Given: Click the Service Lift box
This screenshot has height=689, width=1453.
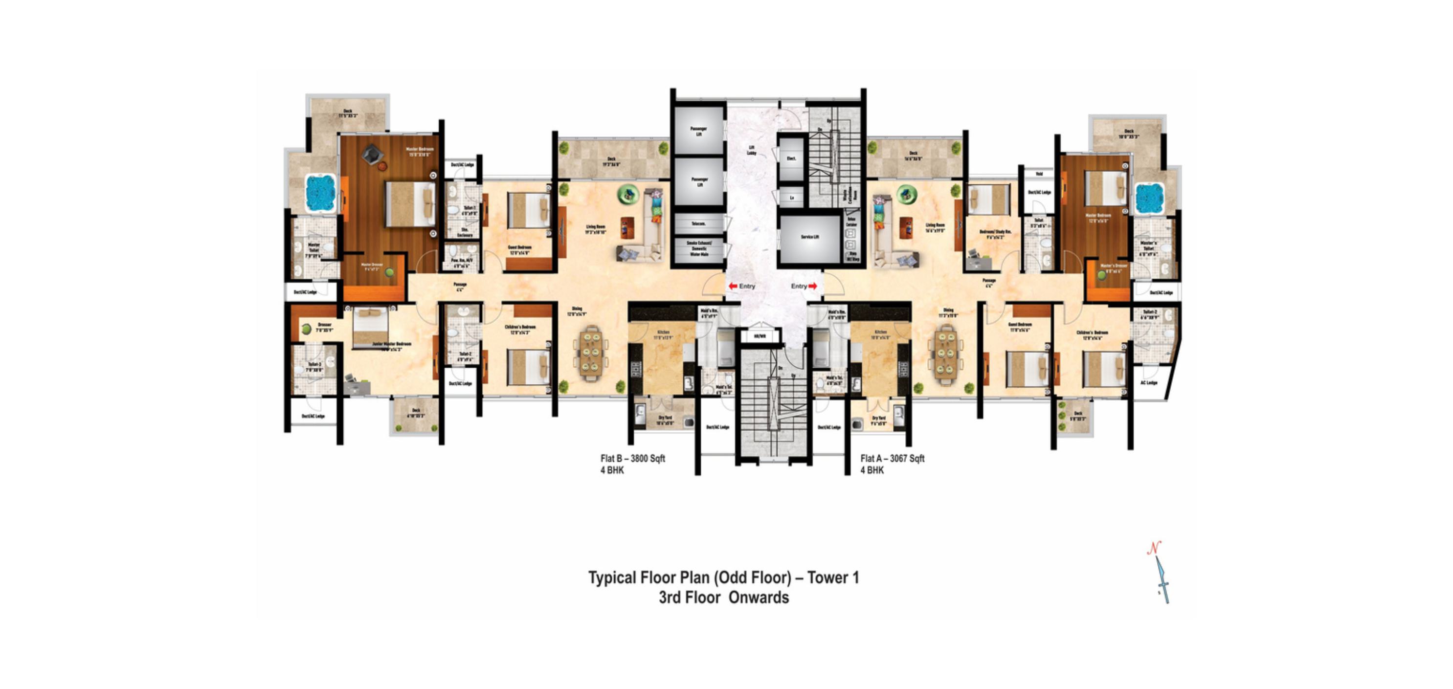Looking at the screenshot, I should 809,237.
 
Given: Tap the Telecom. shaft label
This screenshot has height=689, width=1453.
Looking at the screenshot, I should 698,224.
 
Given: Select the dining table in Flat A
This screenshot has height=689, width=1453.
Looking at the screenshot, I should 946,354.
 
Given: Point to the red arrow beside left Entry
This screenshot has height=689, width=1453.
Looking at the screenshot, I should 733,286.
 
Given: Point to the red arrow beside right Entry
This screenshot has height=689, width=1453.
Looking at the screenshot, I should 813,286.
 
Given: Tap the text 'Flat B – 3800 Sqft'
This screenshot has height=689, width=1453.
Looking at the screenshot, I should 632,458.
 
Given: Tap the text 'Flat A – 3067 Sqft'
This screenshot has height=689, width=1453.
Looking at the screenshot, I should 892,458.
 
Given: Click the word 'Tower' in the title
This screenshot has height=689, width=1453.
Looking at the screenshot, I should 826,578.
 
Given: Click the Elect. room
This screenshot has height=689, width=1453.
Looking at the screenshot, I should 791,158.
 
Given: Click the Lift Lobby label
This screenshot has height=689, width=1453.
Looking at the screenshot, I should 751,150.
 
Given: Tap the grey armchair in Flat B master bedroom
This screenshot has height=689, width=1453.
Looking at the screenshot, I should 372,154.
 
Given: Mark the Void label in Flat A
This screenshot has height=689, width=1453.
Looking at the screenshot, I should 1038,174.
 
